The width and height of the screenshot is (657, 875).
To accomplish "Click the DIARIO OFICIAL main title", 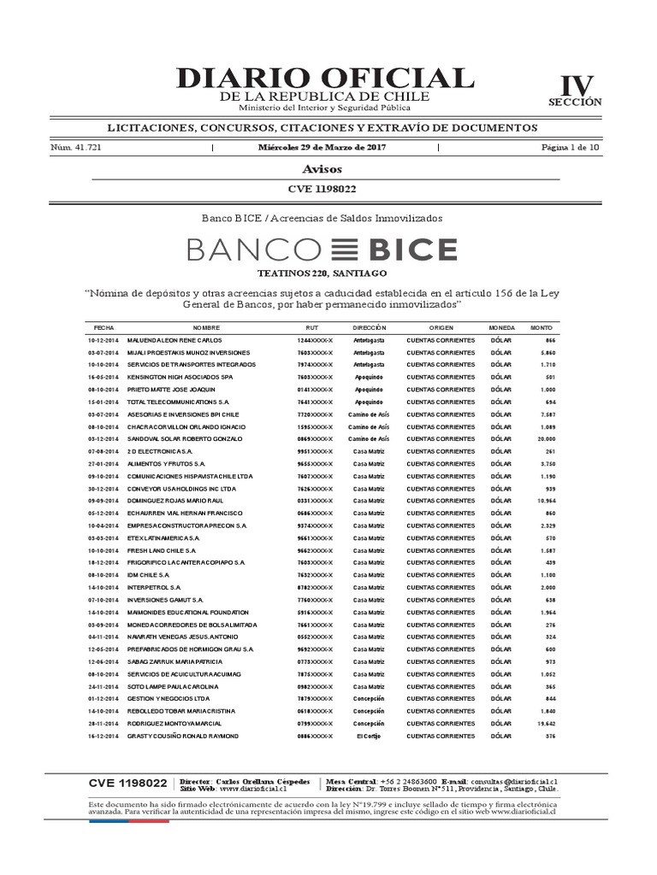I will pyautogui.click(x=324, y=78).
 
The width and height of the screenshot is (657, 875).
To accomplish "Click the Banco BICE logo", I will pyautogui.click(x=322, y=250).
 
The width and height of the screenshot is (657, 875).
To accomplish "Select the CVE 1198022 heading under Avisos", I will pyautogui.click(x=323, y=189).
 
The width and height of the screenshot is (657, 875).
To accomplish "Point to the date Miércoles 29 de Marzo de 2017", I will pyautogui.click(x=324, y=148).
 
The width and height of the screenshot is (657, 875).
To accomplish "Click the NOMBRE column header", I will pyautogui.click(x=206, y=327).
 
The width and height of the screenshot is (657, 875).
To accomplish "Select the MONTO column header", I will pyautogui.click(x=542, y=327).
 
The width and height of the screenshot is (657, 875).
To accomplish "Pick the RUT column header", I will pyautogui.click(x=311, y=327).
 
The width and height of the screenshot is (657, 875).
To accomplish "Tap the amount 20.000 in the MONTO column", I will pyautogui.click(x=544, y=437).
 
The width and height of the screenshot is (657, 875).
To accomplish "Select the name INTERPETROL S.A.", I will pyautogui.click(x=154, y=588).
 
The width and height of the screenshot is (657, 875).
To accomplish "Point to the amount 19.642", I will pyautogui.click(x=544, y=723).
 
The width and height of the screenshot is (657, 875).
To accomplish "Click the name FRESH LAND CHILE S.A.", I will pyautogui.click(x=163, y=551).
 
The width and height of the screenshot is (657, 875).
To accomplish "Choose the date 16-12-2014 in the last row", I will pyautogui.click(x=104, y=736).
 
